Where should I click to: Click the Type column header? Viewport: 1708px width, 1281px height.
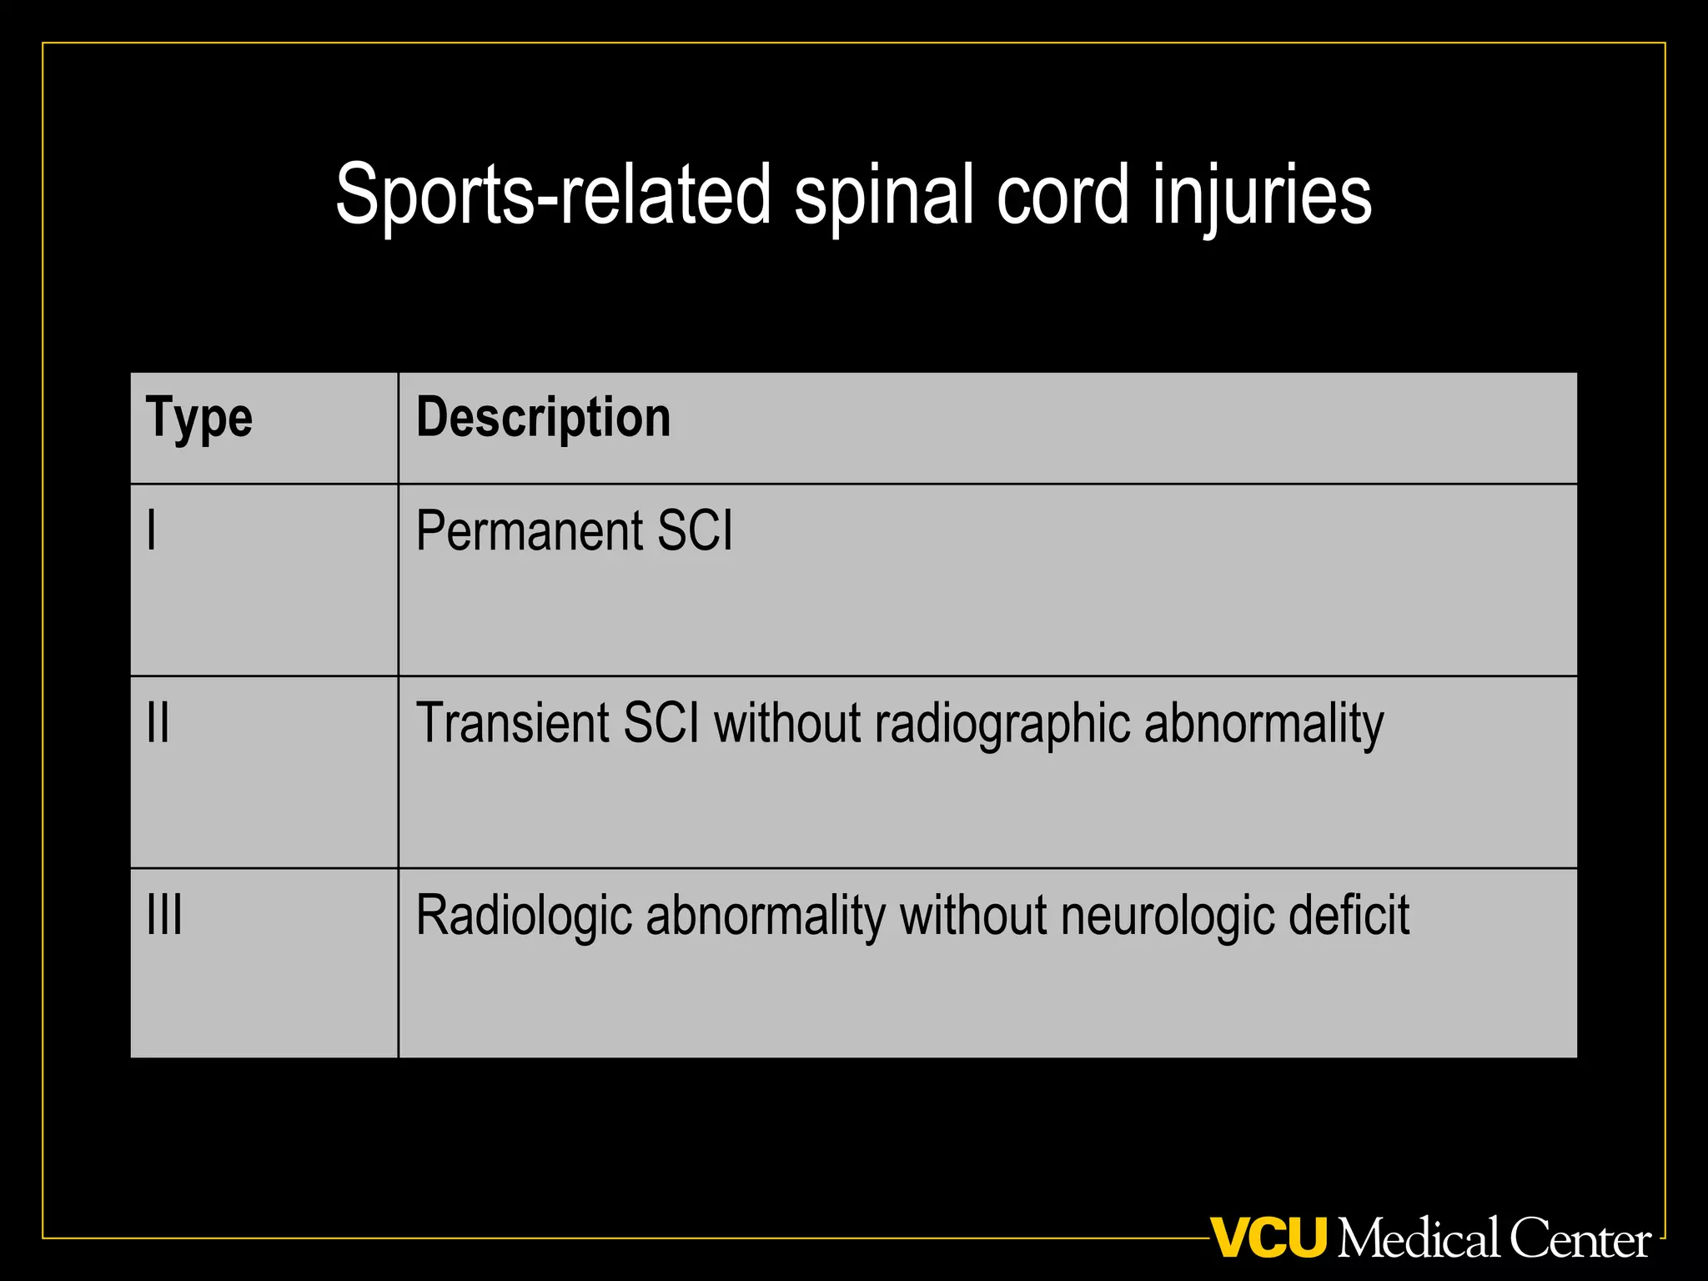tap(198, 418)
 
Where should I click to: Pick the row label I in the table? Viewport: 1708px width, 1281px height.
tap(152, 530)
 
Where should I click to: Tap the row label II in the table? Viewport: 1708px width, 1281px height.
tap(158, 722)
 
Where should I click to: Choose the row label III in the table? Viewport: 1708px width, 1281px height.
tap(164, 915)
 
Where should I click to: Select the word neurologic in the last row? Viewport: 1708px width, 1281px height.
tap(1168, 916)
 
